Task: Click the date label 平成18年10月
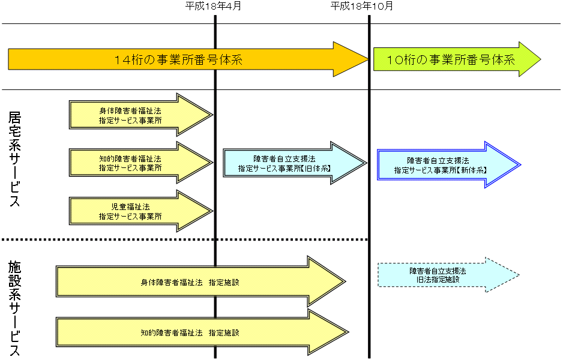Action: tap(362, 7)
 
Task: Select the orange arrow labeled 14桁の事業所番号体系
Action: tap(180, 59)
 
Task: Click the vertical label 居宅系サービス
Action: tap(15, 159)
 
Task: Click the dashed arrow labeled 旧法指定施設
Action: tap(438, 275)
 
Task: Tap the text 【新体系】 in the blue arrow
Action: tap(472, 170)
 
